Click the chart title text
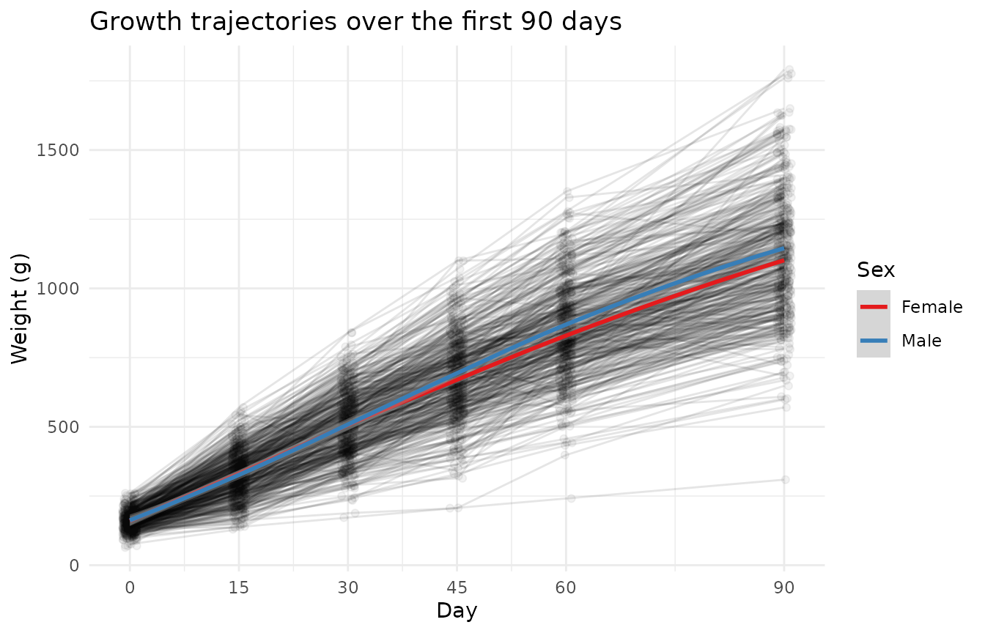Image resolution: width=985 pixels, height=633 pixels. [x=355, y=22]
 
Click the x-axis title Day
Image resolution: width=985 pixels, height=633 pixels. [x=457, y=610]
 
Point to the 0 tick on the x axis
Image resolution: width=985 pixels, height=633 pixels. [x=130, y=587]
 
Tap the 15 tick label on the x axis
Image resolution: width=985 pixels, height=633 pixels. [x=239, y=587]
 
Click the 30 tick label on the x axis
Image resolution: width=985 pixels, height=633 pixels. [x=347, y=587]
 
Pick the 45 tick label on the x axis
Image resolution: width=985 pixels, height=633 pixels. [x=457, y=587]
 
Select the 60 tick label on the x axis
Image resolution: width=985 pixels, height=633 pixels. [x=566, y=587]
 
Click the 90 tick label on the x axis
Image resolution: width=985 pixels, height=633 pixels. [x=784, y=587]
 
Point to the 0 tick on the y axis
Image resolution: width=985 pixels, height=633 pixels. [x=74, y=566]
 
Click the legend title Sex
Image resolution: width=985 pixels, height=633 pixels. [x=876, y=270]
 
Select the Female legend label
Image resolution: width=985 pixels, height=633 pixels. [x=931, y=307]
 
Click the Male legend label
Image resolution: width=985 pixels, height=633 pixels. [x=921, y=341]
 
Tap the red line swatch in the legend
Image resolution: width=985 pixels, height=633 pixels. [x=874, y=307]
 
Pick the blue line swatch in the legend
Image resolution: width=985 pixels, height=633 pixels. [x=874, y=341]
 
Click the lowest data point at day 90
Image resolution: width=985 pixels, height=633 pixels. [x=785, y=479]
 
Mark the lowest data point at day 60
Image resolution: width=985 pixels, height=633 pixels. [x=571, y=498]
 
